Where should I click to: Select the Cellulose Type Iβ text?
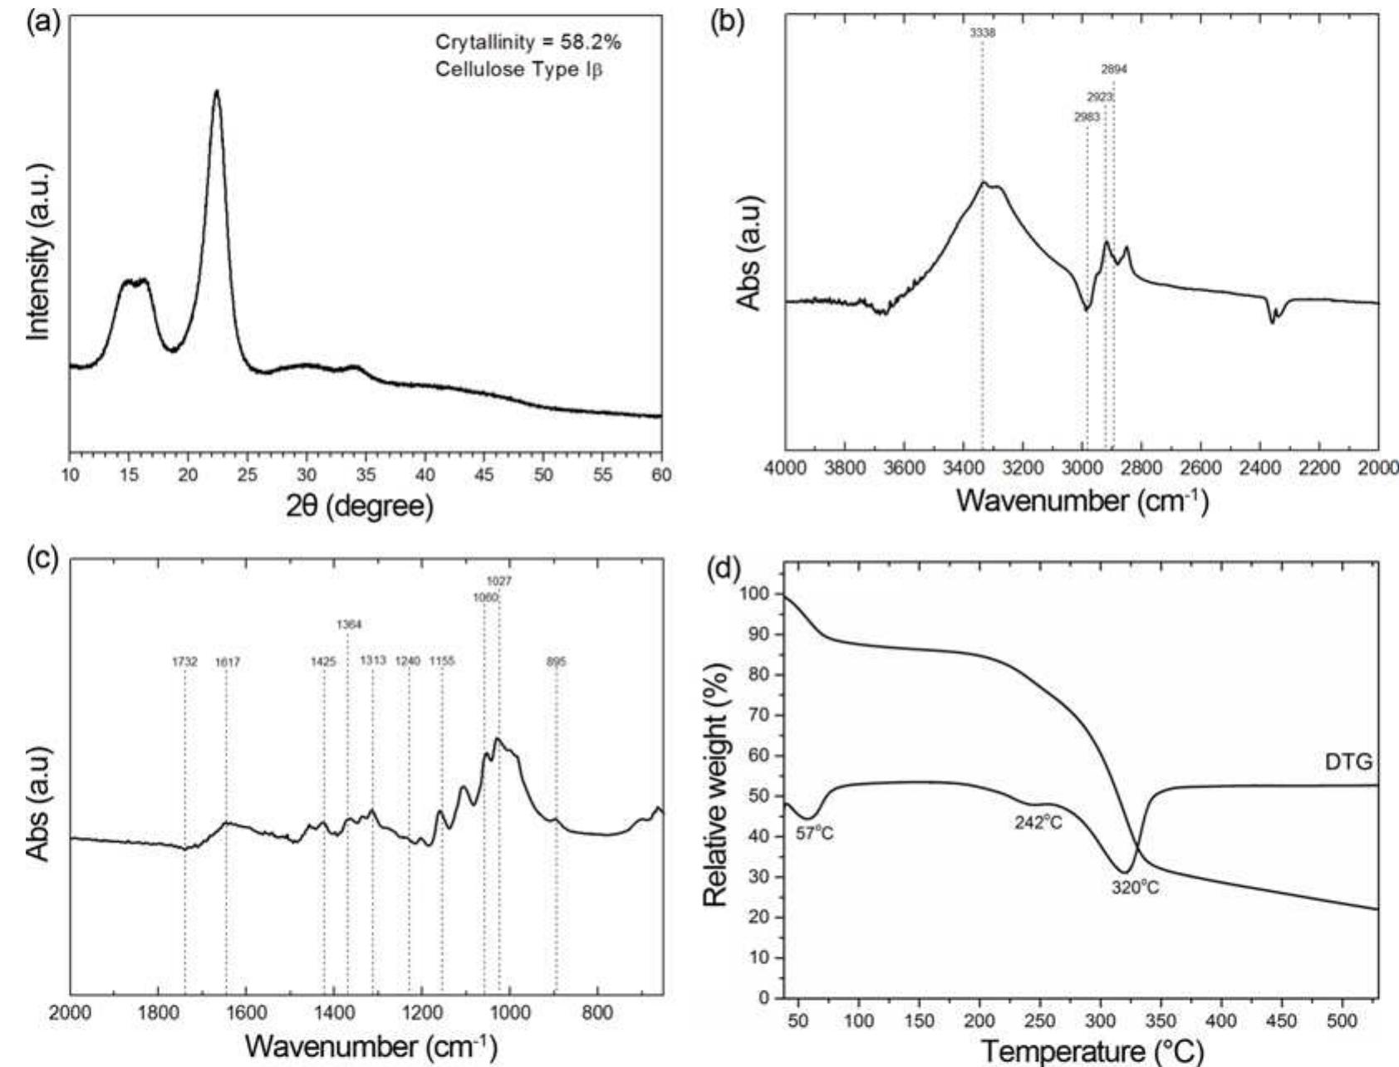[x=519, y=69]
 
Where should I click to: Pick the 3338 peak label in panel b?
[x=982, y=33]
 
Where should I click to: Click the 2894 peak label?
[x=1114, y=70]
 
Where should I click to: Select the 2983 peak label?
[x=1087, y=117]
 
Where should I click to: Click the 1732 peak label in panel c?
[x=184, y=662]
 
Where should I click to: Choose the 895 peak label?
[x=556, y=662]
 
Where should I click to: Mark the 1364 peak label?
[x=349, y=624]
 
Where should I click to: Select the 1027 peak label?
[x=498, y=581]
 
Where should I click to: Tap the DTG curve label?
[x=1348, y=761]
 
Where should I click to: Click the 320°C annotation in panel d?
[x=1135, y=888]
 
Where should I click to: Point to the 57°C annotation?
[x=814, y=834]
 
